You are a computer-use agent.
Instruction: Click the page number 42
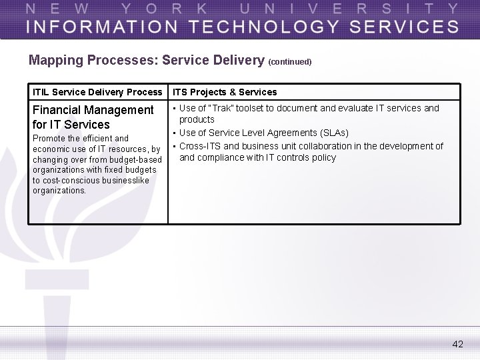click(x=457, y=344)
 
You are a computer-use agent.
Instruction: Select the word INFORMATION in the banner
click(x=93, y=26)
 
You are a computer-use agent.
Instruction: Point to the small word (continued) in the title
click(x=290, y=62)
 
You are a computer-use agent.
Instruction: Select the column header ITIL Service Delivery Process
click(x=97, y=92)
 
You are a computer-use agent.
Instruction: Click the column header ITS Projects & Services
click(x=225, y=92)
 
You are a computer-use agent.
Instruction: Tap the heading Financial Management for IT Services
click(x=93, y=117)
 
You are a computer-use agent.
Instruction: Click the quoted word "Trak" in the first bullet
click(x=223, y=108)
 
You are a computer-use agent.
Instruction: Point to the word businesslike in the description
click(x=126, y=180)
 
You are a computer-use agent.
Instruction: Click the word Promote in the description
click(x=49, y=139)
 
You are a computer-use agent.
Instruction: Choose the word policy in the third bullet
click(x=321, y=158)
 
